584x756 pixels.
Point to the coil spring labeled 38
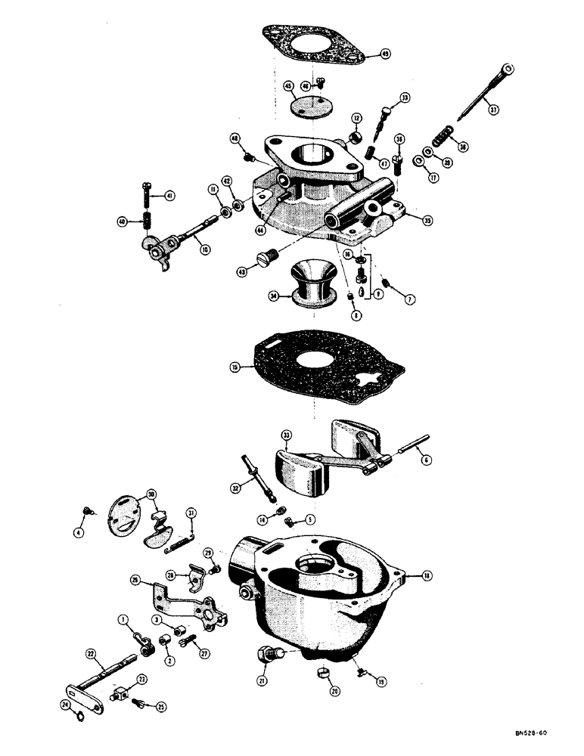[x=441, y=138]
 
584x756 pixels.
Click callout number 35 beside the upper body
[x=427, y=222]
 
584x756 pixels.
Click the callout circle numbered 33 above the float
[x=286, y=435]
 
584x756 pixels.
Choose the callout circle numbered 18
[x=427, y=576]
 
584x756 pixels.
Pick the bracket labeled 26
[x=185, y=605]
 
